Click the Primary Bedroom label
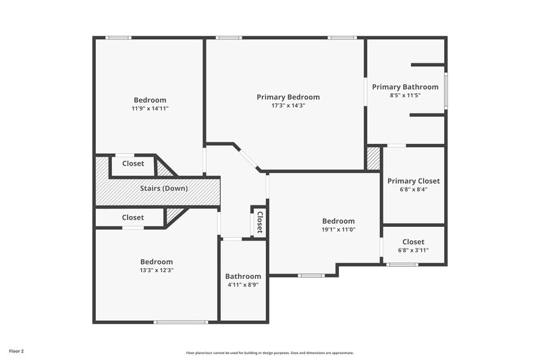pos(288,97)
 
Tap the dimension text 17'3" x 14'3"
pos(288,106)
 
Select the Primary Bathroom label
pos(405,87)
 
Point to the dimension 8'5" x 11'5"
pos(405,96)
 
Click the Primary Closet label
pos(413,181)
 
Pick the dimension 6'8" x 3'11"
pos(413,251)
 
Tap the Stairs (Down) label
pos(163,189)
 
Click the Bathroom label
pos(243,276)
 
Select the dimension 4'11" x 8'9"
pos(243,285)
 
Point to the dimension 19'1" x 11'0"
pos(338,230)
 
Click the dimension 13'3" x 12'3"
pos(157,271)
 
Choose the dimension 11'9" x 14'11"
pos(150,109)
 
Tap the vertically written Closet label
pos(259,222)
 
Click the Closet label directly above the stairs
pos(133,163)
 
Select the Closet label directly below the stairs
pos(133,217)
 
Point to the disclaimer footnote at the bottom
pos(270,353)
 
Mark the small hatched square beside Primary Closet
pos(373,159)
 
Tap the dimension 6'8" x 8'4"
pos(413,190)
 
